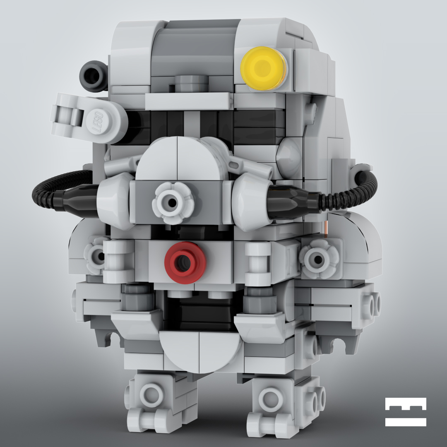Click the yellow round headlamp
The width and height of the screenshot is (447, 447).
click(x=264, y=68)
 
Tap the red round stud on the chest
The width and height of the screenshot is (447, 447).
click(x=185, y=262)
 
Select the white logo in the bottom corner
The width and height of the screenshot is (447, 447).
click(x=406, y=412)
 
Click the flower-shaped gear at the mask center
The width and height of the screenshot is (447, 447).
click(x=173, y=203)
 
